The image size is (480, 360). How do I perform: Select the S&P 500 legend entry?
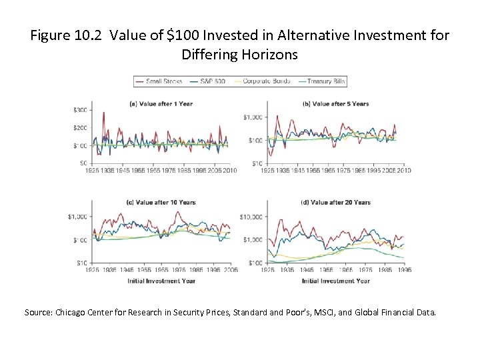(x=213, y=81)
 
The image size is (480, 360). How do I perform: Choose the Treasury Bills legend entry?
(x=322, y=81)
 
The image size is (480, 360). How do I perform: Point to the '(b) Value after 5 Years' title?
(x=336, y=103)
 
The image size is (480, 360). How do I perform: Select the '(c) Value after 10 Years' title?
(x=161, y=202)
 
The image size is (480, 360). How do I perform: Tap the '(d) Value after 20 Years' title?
(x=336, y=202)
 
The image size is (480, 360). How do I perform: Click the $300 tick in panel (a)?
(x=81, y=109)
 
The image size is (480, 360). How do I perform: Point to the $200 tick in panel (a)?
(x=81, y=127)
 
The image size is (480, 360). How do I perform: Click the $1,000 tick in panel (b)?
(x=253, y=117)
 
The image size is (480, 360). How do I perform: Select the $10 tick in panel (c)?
(x=81, y=263)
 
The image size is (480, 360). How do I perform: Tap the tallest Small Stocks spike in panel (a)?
(x=103, y=113)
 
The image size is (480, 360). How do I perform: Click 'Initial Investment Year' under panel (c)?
(x=161, y=281)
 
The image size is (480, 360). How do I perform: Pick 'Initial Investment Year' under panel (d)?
(x=336, y=281)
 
